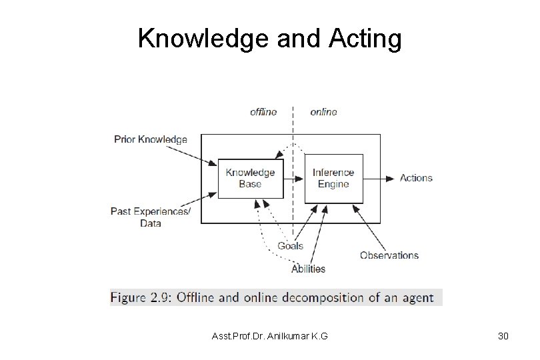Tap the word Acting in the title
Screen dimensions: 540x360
[x=365, y=39]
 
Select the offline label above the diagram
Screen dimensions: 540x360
[x=263, y=111]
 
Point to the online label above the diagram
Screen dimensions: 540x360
[x=323, y=111]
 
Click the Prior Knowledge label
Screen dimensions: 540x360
[x=151, y=140]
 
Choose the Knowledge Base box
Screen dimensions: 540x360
[x=250, y=178]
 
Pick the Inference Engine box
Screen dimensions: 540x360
[x=333, y=178]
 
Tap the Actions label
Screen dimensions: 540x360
[x=416, y=178]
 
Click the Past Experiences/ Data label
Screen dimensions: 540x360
[x=150, y=217]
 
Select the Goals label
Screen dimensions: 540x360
[x=290, y=245]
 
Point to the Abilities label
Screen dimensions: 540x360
[x=308, y=269]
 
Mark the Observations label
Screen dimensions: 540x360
[x=389, y=255]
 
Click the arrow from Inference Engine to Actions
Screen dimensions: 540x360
[x=380, y=178]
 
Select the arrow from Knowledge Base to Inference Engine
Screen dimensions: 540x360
[x=293, y=178]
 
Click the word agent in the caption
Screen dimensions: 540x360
[x=418, y=298]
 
